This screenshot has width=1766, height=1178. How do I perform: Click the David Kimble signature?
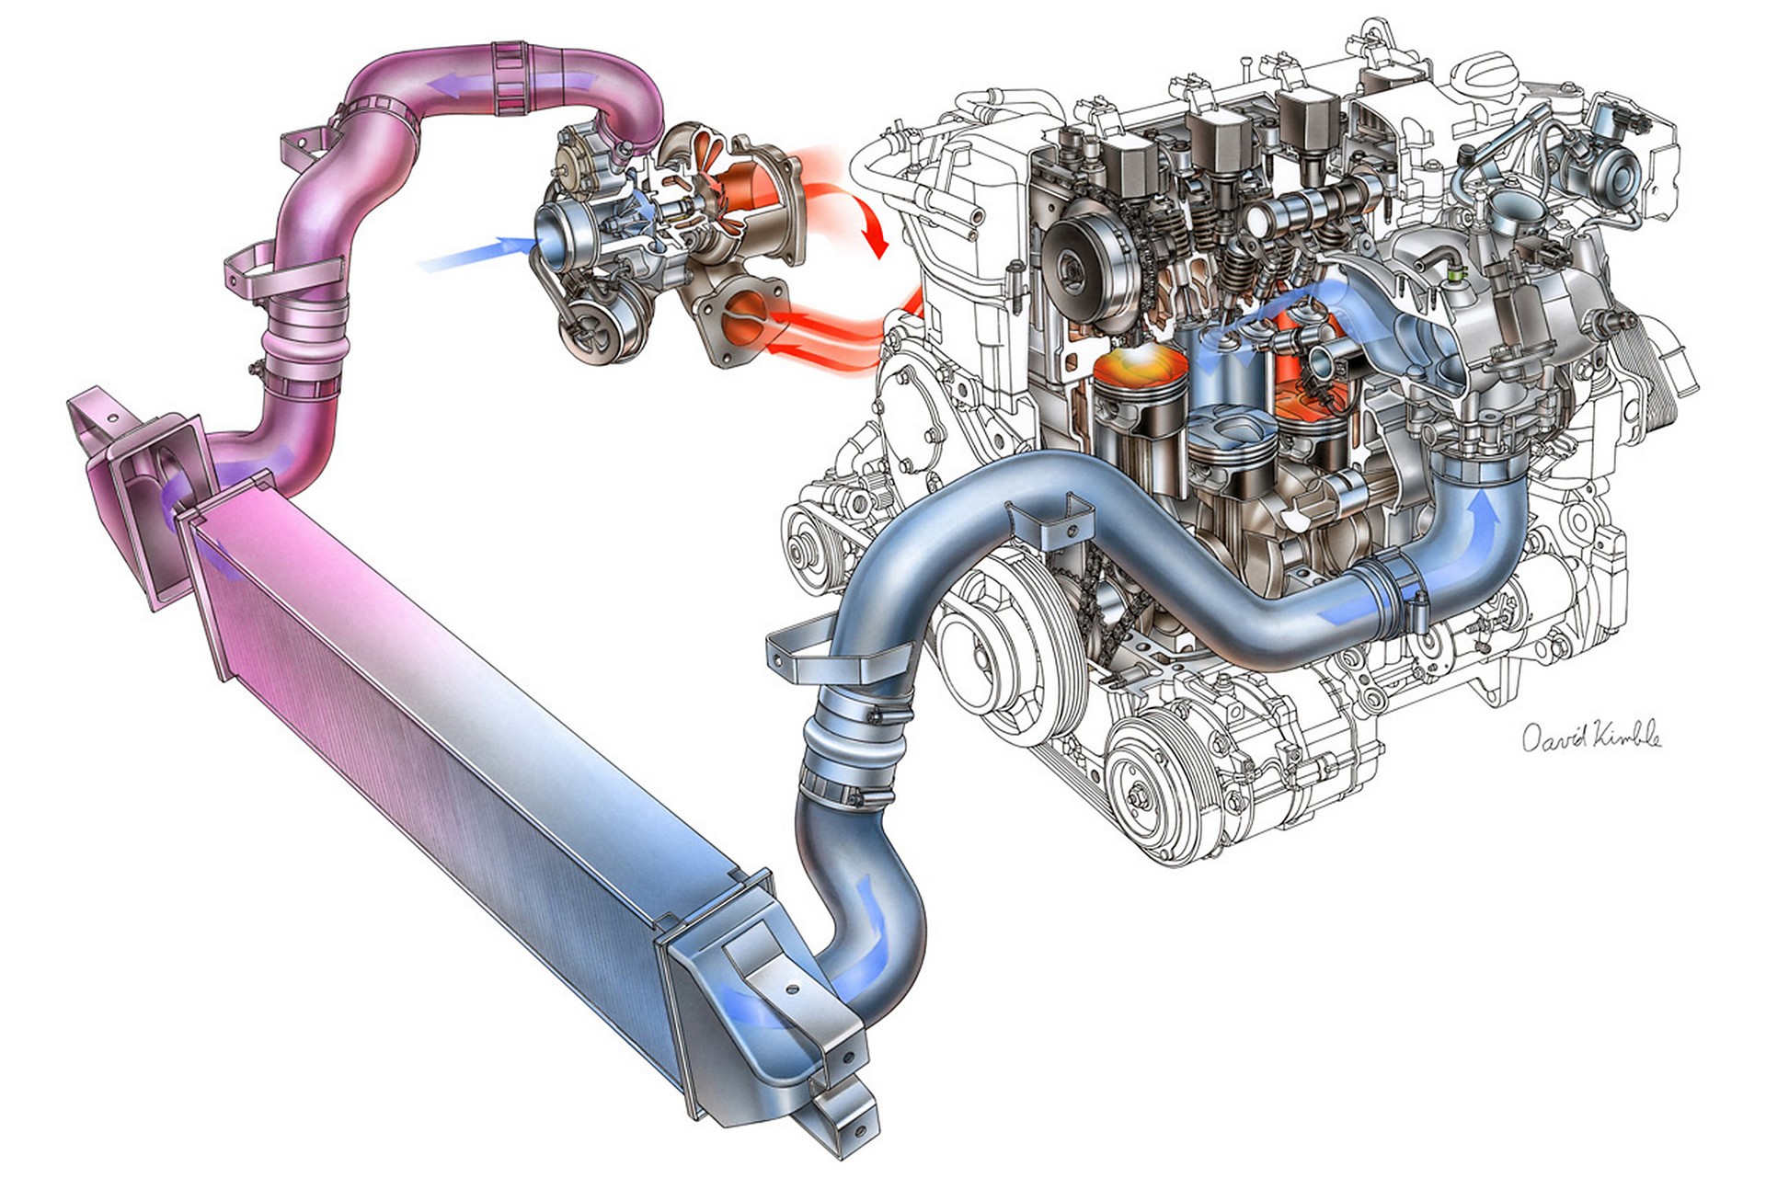pyautogui.click(x=1592, y=738)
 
